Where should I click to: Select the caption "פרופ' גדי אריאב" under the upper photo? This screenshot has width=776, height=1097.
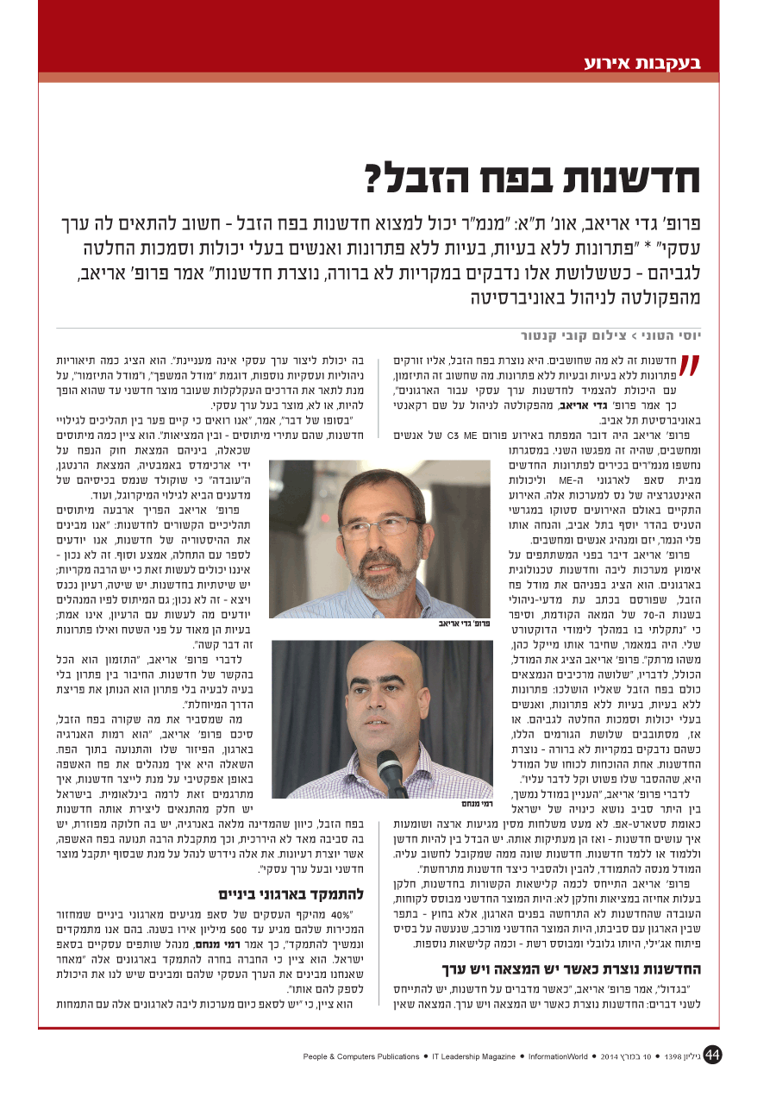pos(466,623)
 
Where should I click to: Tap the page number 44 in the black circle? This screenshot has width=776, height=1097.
pos(712,1055)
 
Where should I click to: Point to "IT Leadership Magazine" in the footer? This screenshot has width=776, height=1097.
pos(473,1056)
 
